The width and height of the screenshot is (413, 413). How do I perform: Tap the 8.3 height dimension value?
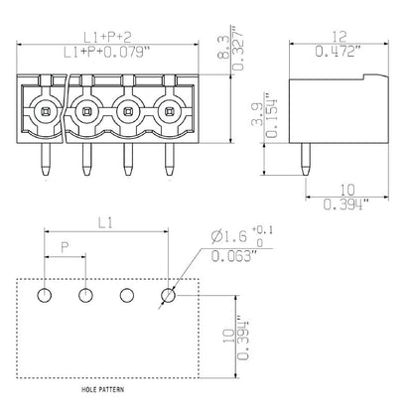(x=224, y=43)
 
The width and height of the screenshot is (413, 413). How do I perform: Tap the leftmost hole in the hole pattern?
(x=46, y=295)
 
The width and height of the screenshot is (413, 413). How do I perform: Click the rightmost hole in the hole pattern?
(x=169, y=295)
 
